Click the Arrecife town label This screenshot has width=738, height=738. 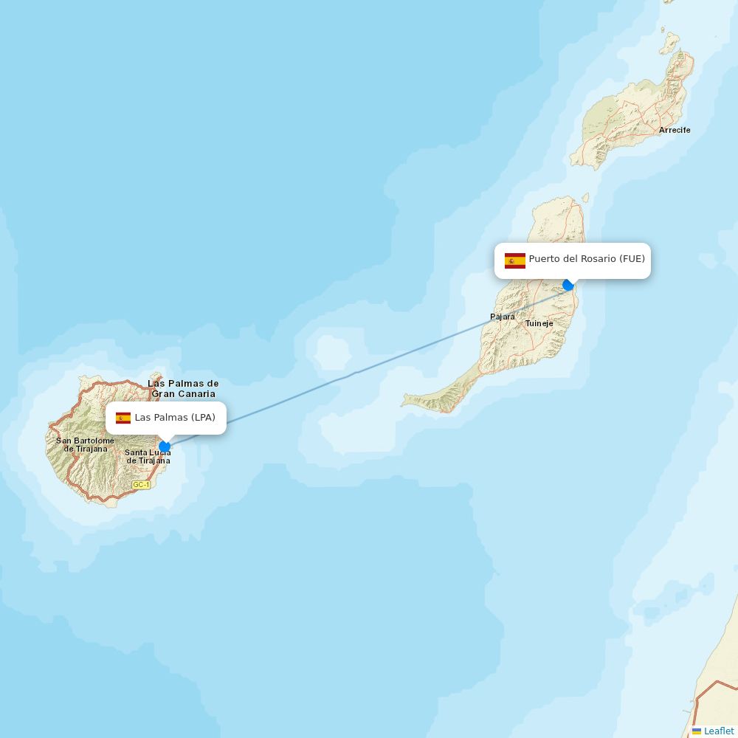[x=675, y=130]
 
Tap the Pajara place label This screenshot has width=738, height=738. [x=503, y=317]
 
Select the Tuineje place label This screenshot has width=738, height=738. [x=539, y=323]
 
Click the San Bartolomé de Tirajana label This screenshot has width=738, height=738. [x=85, y=444]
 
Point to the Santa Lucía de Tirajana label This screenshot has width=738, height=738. [x=148, y=457]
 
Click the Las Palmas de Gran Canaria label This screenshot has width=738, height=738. [x=183, y=388]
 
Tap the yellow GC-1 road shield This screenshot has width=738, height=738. [x=141, y=485]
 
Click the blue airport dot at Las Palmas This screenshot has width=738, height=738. [x=165, y=446]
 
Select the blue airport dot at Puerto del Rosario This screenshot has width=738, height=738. [x=568, y=285]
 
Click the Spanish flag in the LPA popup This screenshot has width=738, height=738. [x=123, y=418]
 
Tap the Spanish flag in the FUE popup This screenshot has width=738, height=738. [x=514, y=260]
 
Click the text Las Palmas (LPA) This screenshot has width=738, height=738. [x=175, y=418]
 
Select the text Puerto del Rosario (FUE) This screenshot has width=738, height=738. [x=586, y=259]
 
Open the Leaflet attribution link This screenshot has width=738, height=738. [x=718, y=731]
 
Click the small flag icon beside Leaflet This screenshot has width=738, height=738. [x=696, y=731]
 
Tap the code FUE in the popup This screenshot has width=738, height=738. [x=632, y=259]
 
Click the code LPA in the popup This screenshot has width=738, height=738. [x=201, y=418]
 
